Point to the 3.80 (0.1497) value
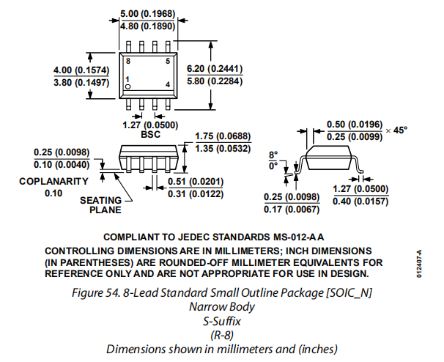coord(81,83)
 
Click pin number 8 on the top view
coord(128,62)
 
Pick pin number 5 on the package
coord(167,62)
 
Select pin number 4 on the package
coord(167,86)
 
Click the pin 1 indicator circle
coord(128,86)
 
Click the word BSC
coord(149,135)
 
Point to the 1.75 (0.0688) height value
coord(223,137)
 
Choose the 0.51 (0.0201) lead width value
coord(196,182)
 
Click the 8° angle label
coord(273,155)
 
